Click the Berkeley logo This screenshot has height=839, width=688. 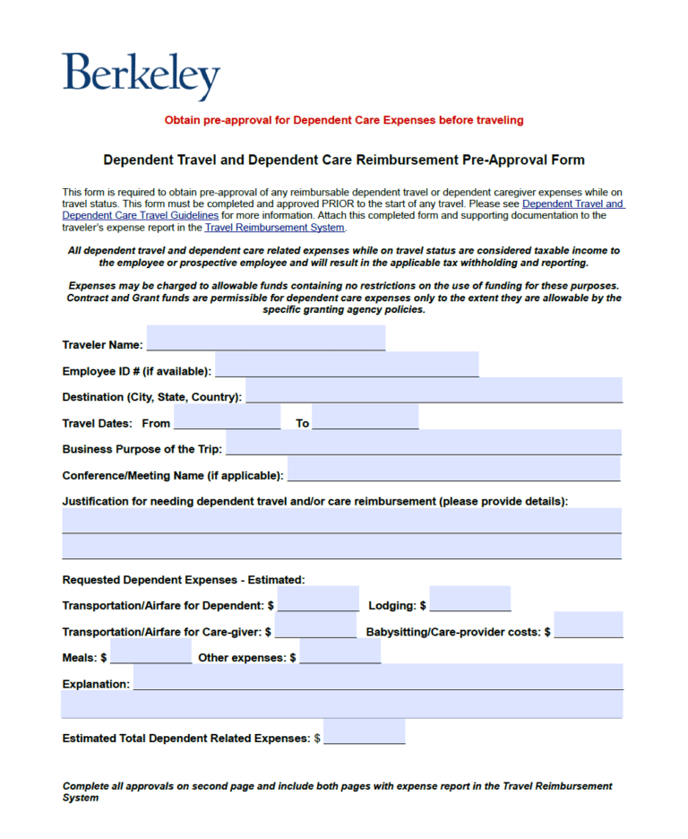tap(141, 75)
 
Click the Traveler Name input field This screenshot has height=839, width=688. tap(266, 339)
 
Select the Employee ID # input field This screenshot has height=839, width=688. tap(347, 365)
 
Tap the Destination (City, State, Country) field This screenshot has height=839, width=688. tap(434, 391)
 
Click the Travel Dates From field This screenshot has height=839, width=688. tap(228, 417)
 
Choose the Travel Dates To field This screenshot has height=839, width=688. tap(365, 417)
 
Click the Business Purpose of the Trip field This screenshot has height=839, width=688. tap(423, 443)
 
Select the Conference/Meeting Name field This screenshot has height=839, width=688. tap(453, 469)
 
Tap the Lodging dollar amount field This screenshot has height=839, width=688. tap(470, 600)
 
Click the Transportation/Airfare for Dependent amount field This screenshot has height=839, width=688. tap(319, 600)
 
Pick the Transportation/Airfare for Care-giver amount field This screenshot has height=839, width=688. tap(315, 626)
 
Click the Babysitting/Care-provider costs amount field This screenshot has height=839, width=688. tap(589, 626)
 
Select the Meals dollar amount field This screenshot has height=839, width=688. tap(150, 652)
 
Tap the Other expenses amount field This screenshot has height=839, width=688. tap(340, 652)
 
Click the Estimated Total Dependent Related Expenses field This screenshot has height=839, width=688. tap(364, 732)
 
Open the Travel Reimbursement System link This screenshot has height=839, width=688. tap(274, 228)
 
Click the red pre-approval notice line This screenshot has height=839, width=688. tap(344, 120)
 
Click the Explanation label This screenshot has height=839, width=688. tap(96, 684)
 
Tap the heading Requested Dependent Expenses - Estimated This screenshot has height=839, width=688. tap(184, 580)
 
